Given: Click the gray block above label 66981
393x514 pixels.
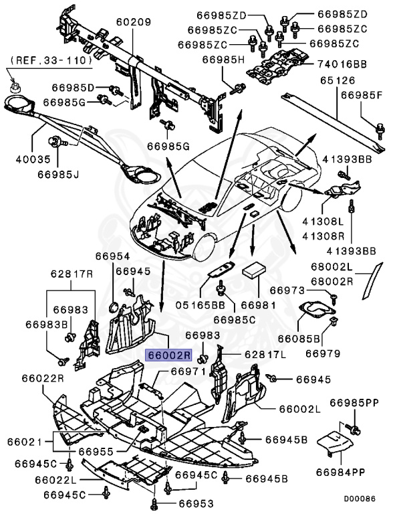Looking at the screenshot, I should pos(255,270).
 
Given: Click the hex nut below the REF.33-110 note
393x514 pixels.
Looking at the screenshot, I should pos(15,85).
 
